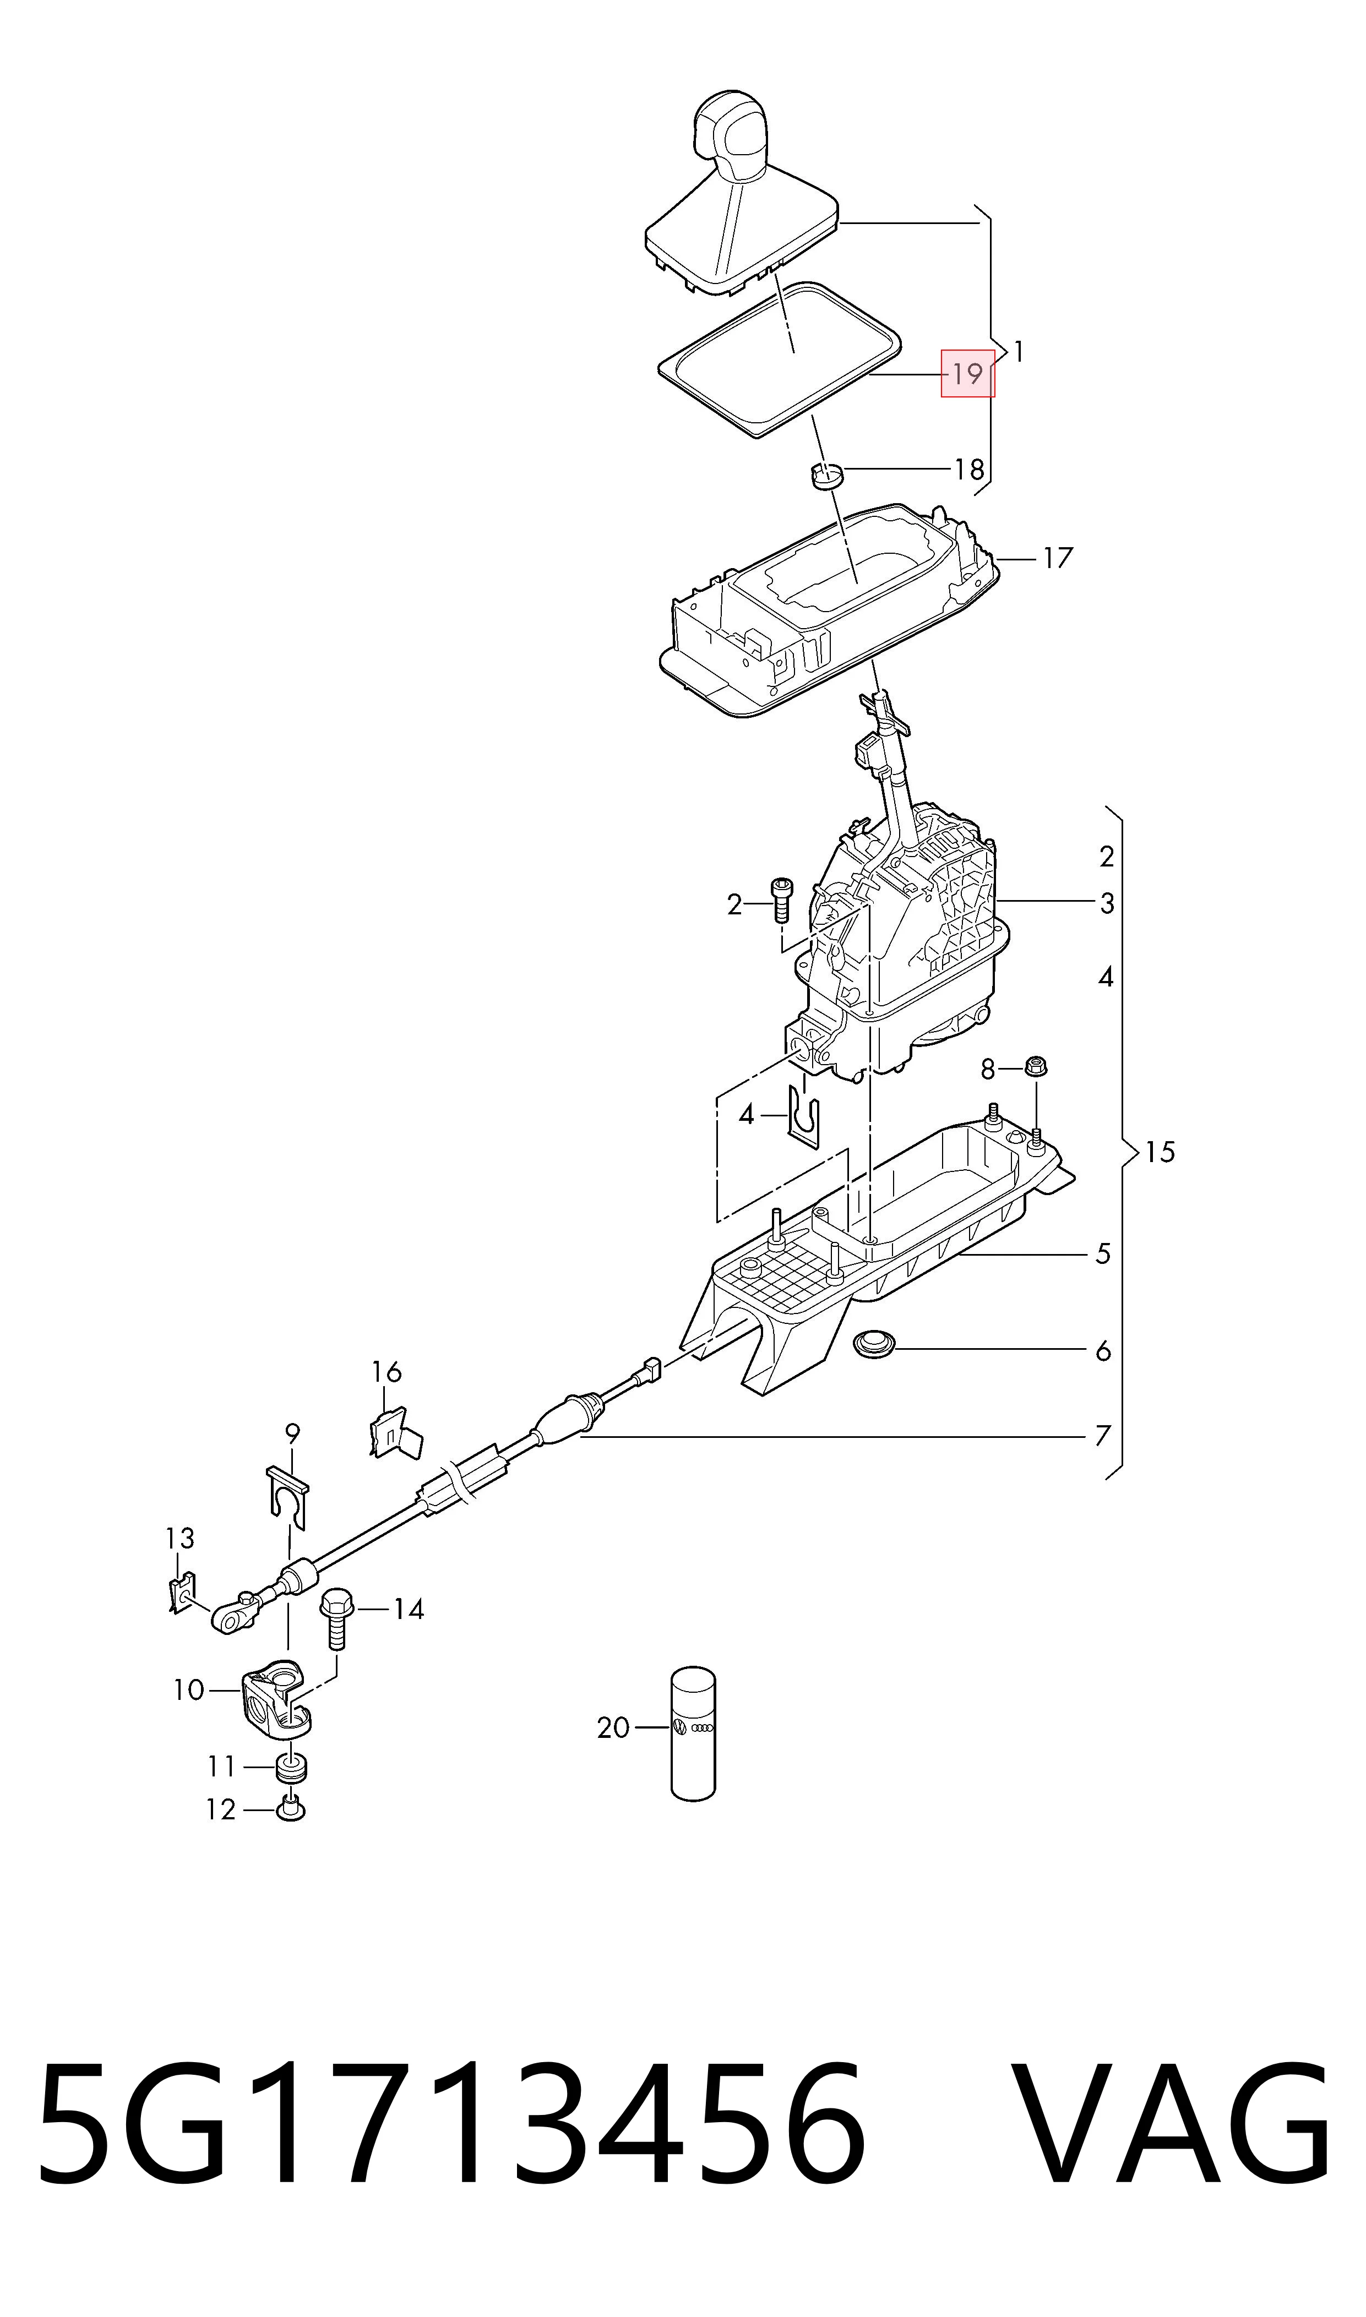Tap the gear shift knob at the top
pos(730,135)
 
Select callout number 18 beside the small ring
pos(968,470)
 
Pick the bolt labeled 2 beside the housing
pos(781,898)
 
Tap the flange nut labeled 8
pos(1036,1068)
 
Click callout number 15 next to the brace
pos(1161,1152)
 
